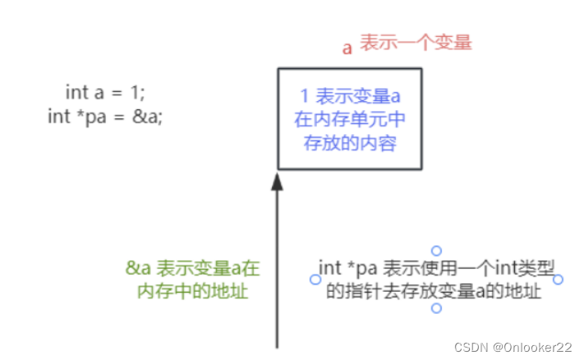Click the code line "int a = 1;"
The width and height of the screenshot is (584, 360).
point(105,92)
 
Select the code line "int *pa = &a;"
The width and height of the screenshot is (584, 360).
point(105,116)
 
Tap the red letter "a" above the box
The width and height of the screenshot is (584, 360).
point(347,47)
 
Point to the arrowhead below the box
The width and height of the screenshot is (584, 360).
point(278,182)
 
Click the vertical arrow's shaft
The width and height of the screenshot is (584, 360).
point(278,271)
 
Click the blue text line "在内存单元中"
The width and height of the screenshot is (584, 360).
point(350,121)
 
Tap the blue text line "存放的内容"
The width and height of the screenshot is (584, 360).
point(350,143)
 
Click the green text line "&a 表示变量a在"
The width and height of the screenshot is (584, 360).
point(192,268)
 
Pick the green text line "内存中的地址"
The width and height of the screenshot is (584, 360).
point(192,290)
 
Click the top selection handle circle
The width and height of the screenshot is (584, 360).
point(437,251)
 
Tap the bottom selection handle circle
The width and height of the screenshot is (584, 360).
point(437,308)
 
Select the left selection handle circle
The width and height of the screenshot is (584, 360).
point(315,279)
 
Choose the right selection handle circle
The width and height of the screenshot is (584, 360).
point(559,279)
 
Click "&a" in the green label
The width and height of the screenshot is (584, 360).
point(136,268)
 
